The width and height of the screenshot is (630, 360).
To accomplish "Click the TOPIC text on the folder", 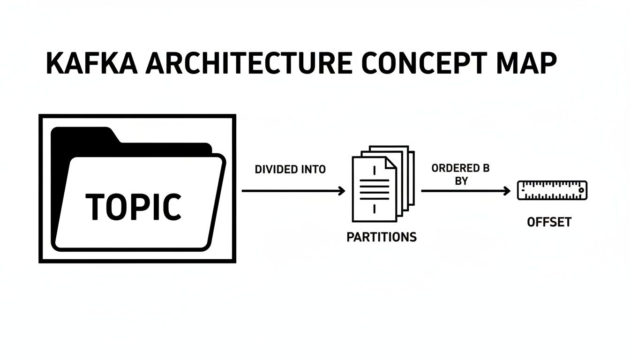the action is (134, 207).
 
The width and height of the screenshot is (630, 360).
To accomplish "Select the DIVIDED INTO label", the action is (290, 170).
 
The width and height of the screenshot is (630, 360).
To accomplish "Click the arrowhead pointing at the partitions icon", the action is (341, 191).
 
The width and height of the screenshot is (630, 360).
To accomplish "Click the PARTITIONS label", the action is (382, 237).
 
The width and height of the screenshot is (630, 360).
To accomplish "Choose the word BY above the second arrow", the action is (461, 181).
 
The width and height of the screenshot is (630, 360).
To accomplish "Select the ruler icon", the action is (552, 190).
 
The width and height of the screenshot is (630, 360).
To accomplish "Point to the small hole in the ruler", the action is (581, 191).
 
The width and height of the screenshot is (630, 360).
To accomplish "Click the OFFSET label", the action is (549, 222).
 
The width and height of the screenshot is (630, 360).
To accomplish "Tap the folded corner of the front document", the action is (390, 163).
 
